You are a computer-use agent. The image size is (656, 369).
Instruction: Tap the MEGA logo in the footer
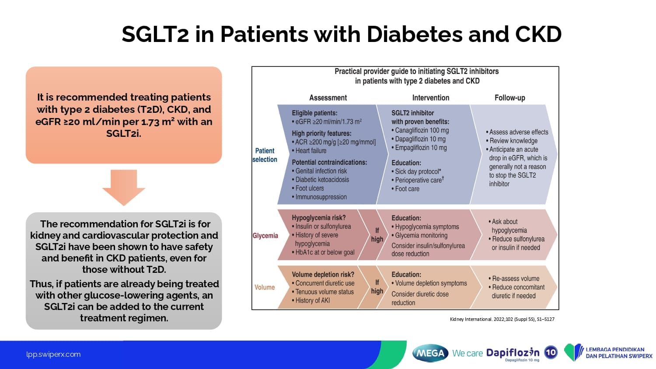click(430, 353)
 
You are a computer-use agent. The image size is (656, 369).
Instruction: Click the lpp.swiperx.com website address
click(53, 355)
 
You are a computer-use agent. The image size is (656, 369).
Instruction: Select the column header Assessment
click(328, 98)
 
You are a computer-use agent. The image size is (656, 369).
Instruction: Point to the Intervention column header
click(430, 98)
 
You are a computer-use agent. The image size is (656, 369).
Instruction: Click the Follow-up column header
click(509, 98)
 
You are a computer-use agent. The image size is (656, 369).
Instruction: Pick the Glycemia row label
click(265, 236)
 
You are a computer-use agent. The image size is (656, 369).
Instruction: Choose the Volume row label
click(265, 287)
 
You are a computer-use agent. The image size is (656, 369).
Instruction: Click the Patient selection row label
click(265, 155)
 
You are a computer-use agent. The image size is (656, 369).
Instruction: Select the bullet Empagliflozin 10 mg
click(421, 148)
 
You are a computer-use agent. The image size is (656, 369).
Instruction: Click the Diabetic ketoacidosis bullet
click(322, 180)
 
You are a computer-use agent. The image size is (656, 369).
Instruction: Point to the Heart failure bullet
click(311, 151)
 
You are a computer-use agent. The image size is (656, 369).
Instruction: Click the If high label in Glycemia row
click(377, 235)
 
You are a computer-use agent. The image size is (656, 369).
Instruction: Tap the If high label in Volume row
click(377, 287)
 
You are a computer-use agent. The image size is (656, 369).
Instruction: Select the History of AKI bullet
click(312, 300)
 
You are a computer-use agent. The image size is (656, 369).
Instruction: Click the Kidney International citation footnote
click(502, 319)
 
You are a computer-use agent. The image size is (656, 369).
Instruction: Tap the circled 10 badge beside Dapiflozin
click(551, 352)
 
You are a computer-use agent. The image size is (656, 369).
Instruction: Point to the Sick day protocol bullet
click(418, 171)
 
